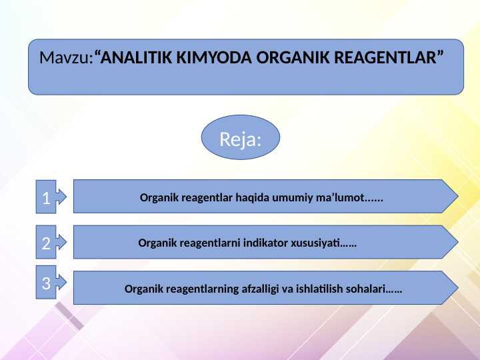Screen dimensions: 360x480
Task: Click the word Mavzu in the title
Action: tap(63, 58)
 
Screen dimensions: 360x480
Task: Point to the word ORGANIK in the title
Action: tap(289, 58)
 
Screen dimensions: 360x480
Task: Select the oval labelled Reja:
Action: tap(240, 139)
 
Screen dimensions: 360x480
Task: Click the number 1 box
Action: tap(46, 198)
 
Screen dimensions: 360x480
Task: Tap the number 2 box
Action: tap(46, 243)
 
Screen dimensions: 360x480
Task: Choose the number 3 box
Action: tap(46, 283)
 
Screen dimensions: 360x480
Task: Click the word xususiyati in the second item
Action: tap(315, 243)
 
